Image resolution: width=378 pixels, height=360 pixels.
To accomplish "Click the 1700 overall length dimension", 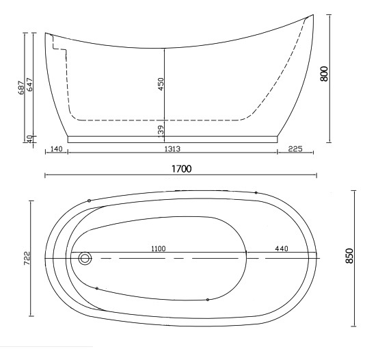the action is coord(182,169).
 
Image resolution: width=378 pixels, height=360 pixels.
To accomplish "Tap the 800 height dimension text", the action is coord(324,74).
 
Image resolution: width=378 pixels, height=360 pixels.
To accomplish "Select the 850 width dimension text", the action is coord(349,256).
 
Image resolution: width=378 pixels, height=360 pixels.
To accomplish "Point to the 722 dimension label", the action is coord(27,258).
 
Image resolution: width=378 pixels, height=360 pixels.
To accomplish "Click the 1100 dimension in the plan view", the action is coord(159,248).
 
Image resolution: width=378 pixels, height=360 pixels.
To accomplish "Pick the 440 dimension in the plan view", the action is coord(282,248).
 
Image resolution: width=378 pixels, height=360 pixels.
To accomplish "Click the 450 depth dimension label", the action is coord(161,84).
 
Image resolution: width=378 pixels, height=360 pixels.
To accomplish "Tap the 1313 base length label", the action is coord(172,149).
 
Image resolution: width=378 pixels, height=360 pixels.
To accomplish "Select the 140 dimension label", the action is coord(57,149).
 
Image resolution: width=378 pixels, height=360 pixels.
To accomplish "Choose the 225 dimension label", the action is coord(295,149).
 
